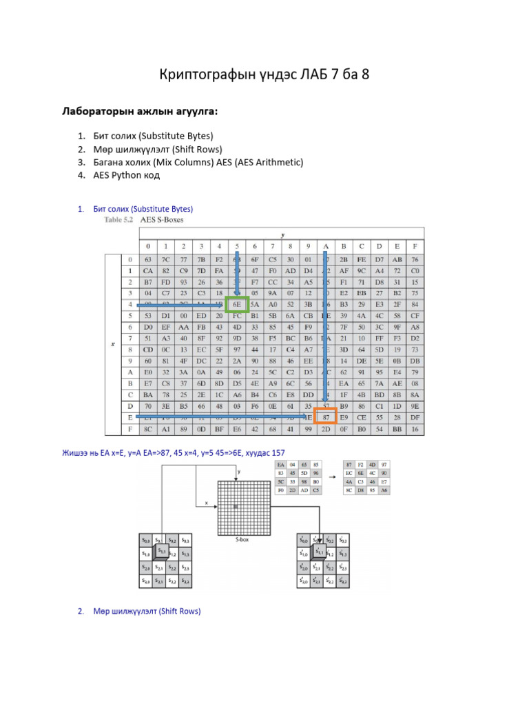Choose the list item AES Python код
[127, 175]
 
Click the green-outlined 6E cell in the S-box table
[236, 303]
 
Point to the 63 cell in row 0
[147, 260]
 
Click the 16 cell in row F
[415, 428]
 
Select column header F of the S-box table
[415, 246]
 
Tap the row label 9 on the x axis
[129, 361]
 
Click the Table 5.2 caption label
[118, 220]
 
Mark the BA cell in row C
[147, 394]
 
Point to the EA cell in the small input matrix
[280, 465]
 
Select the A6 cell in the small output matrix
[384, 490]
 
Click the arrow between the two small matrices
[332, 478]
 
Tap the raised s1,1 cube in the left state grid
[161, 552]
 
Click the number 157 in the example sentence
[277, 452]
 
